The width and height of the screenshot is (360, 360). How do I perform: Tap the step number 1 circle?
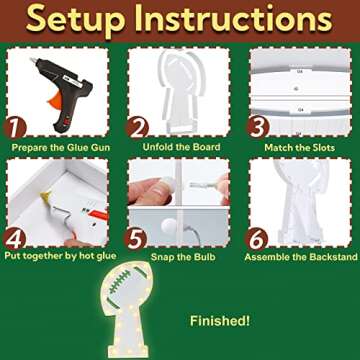coord(15,129)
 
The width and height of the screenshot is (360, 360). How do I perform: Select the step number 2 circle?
coord(137,129)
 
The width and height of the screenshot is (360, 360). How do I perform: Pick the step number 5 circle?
coord(135,239)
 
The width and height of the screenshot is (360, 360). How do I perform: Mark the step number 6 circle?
coord(256,239)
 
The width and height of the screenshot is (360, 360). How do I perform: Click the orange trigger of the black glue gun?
coord(57,99)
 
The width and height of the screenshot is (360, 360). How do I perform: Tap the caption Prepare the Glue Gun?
coord(61,147)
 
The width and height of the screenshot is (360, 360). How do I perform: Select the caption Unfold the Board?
coord(181,147)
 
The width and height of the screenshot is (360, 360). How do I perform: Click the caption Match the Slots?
coord(300,147)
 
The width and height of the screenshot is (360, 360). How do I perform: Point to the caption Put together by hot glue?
coord(60,256)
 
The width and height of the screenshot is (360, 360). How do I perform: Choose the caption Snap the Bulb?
coord(183,257)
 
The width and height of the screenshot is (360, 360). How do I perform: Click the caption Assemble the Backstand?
coord(301,257)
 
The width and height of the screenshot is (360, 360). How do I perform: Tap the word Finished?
coord(220,321)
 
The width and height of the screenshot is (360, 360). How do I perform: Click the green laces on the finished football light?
coord(121,281)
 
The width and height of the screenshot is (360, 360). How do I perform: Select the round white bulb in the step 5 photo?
coord(168,226)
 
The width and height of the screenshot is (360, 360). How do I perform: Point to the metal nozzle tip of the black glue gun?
coord(33,60)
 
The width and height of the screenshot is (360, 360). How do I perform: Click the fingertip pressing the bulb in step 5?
coord(168,184)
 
